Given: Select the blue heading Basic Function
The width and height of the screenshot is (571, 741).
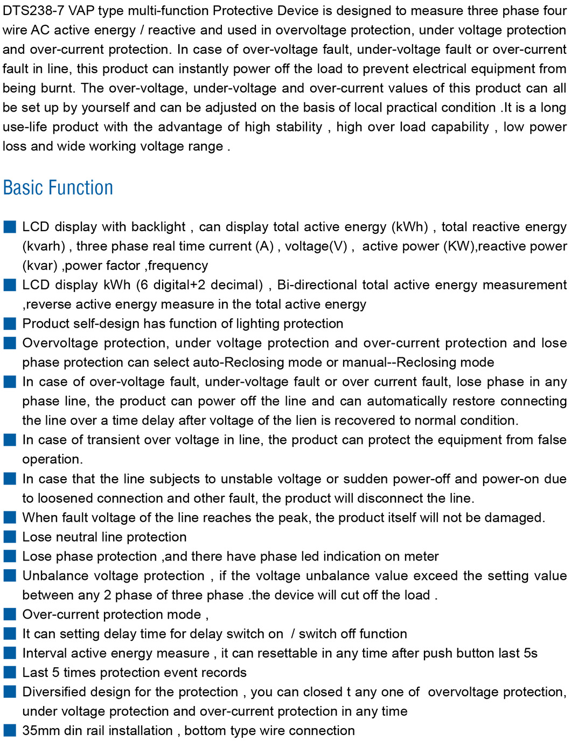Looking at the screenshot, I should pos(58,188).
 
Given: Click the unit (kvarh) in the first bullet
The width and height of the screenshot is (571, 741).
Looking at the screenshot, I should pos(44,246).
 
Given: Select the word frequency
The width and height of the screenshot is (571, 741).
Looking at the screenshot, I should pos(178,266).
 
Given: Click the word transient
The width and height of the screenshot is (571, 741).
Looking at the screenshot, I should pos(112,440).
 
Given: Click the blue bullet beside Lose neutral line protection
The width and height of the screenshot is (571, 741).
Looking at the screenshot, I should pos(10,537).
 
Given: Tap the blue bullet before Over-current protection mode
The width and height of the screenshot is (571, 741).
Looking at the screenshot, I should pos(10,614).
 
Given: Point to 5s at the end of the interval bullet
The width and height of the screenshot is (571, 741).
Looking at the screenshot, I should pos(530,654).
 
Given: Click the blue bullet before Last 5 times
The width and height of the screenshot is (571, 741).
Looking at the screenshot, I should pos(10,673).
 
